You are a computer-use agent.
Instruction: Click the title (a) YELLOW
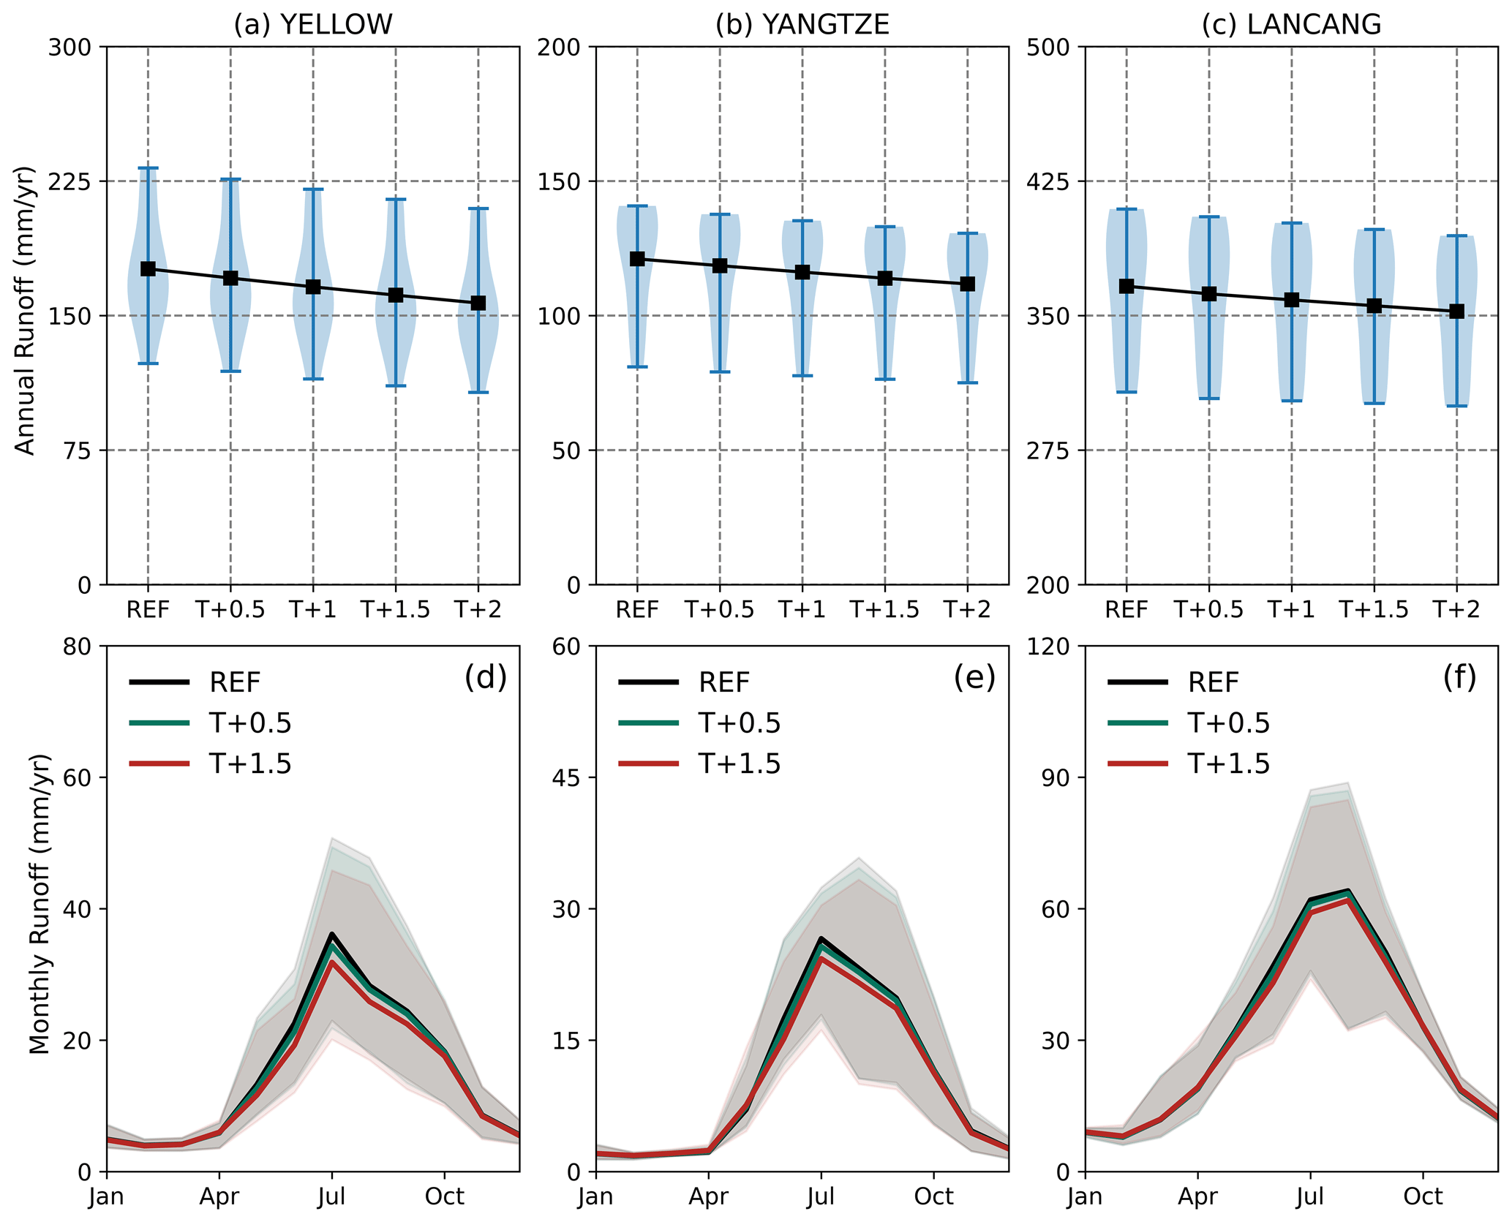(313, 25)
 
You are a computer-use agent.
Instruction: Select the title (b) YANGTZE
(802, 25)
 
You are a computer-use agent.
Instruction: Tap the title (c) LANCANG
(1291, 25)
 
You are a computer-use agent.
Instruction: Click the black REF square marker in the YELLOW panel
(148, 269)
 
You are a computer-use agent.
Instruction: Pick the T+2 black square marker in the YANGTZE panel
(968, 284)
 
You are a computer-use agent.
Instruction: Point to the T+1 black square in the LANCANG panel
(1292, 300)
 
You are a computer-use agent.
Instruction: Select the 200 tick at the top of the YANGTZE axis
(559, 48)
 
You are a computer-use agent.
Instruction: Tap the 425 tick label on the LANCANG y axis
(1048, 181)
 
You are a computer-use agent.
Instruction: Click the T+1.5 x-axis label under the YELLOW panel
(396, 610)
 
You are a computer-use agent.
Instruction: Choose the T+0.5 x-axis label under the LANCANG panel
(1208, 610)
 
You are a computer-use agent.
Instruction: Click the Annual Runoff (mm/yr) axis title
(26, 311)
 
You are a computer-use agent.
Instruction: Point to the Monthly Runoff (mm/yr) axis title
(40, 904)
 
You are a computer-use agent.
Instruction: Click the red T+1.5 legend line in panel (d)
(159, 764)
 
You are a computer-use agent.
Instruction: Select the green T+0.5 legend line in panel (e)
(649, 723)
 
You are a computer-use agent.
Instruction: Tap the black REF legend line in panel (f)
(1137, 682)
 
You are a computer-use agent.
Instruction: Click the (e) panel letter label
(974, 679)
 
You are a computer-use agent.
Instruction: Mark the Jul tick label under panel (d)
(331, 1197)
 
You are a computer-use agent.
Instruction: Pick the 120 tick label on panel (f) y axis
(1048, 646)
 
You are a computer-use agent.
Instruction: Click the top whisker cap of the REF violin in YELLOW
(148, 168)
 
